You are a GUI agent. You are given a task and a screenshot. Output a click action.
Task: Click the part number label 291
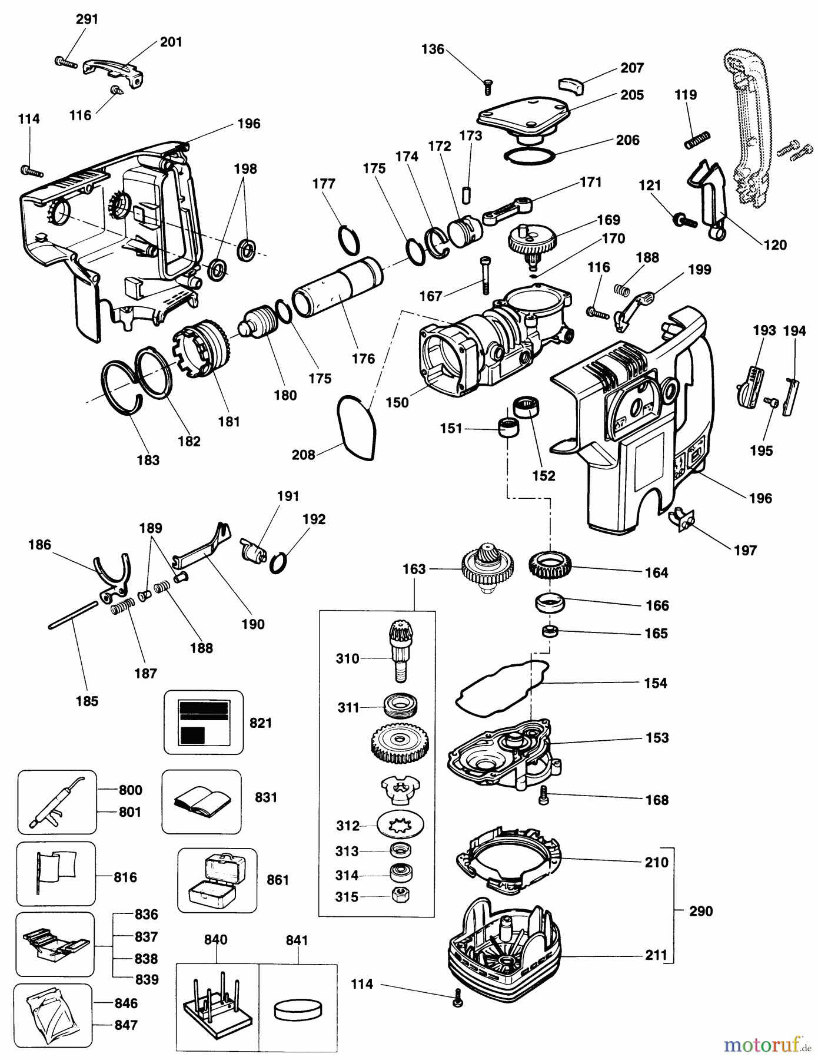pos(87,19)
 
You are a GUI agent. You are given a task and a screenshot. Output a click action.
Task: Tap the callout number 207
pos(632,68)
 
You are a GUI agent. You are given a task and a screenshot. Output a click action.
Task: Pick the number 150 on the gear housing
pos(397,402)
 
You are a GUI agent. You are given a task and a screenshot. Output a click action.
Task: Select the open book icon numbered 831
pos(201,801)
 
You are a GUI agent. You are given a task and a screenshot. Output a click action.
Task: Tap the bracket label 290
pos(700,911)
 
